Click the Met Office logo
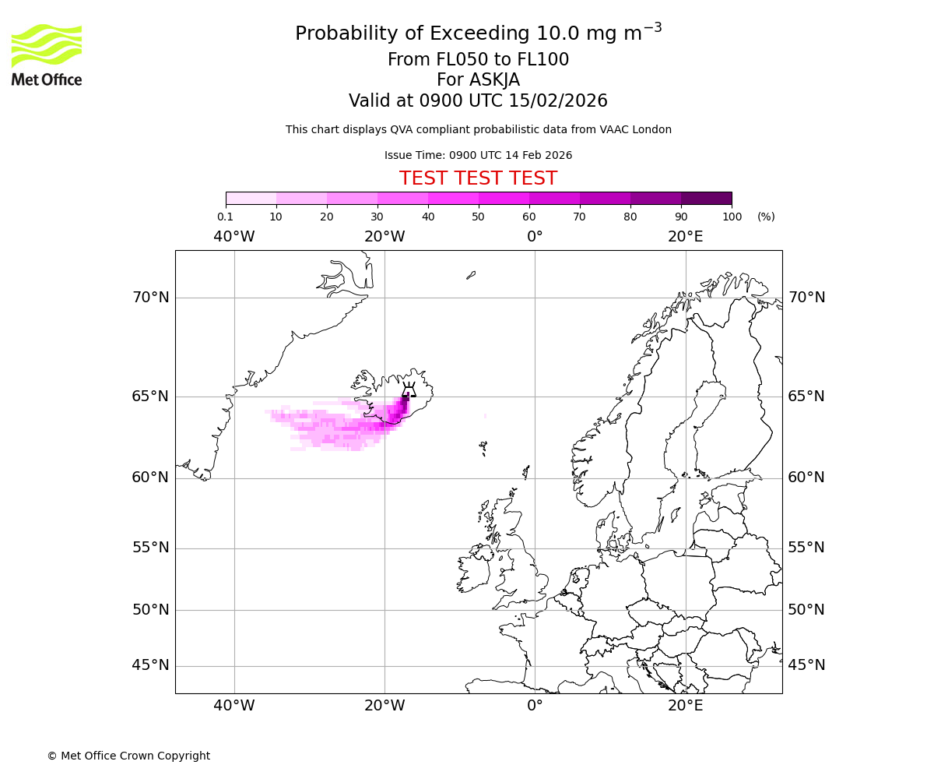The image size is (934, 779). tap(47, 55)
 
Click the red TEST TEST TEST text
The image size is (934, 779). tap(478, 178)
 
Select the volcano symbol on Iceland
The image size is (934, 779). tap(409, 389)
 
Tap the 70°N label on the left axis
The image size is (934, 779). tap(150, 298)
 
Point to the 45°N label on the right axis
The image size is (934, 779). tap(806, 665)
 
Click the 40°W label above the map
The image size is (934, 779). tap(233, 237)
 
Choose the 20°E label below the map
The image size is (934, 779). tap(685, 706)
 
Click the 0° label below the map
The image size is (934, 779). tap(535, 706)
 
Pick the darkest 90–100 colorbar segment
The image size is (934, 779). tap(706, 198)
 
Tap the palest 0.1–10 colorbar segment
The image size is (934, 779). tap(251, 198)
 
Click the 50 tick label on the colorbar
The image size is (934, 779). tap(478, 217)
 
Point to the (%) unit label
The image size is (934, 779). tap(766, 217)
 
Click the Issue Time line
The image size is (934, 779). tap(478, 155)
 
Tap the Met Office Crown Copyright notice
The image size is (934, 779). tap(128, 756)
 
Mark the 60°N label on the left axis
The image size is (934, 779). tap(150, 478)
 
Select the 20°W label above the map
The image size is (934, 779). tap(384, 237)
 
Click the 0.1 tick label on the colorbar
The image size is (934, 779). tap(226, 217)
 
